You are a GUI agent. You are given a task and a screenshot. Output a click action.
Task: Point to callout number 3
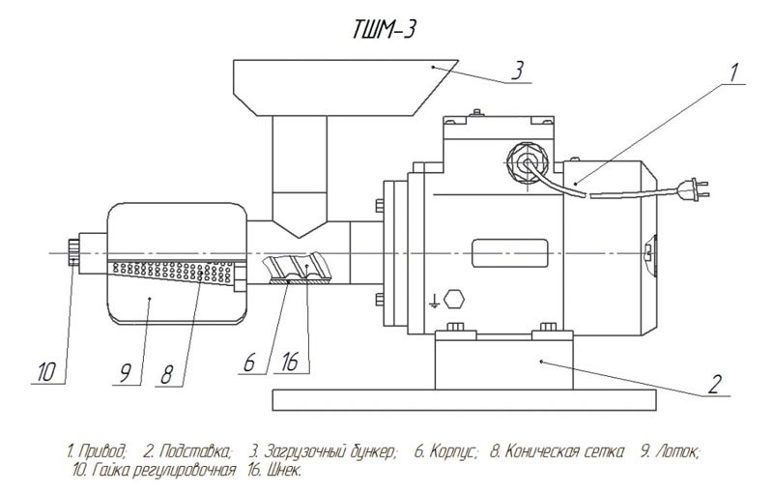pos(518,72)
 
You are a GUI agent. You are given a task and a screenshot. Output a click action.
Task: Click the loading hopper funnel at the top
pos(333,87)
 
